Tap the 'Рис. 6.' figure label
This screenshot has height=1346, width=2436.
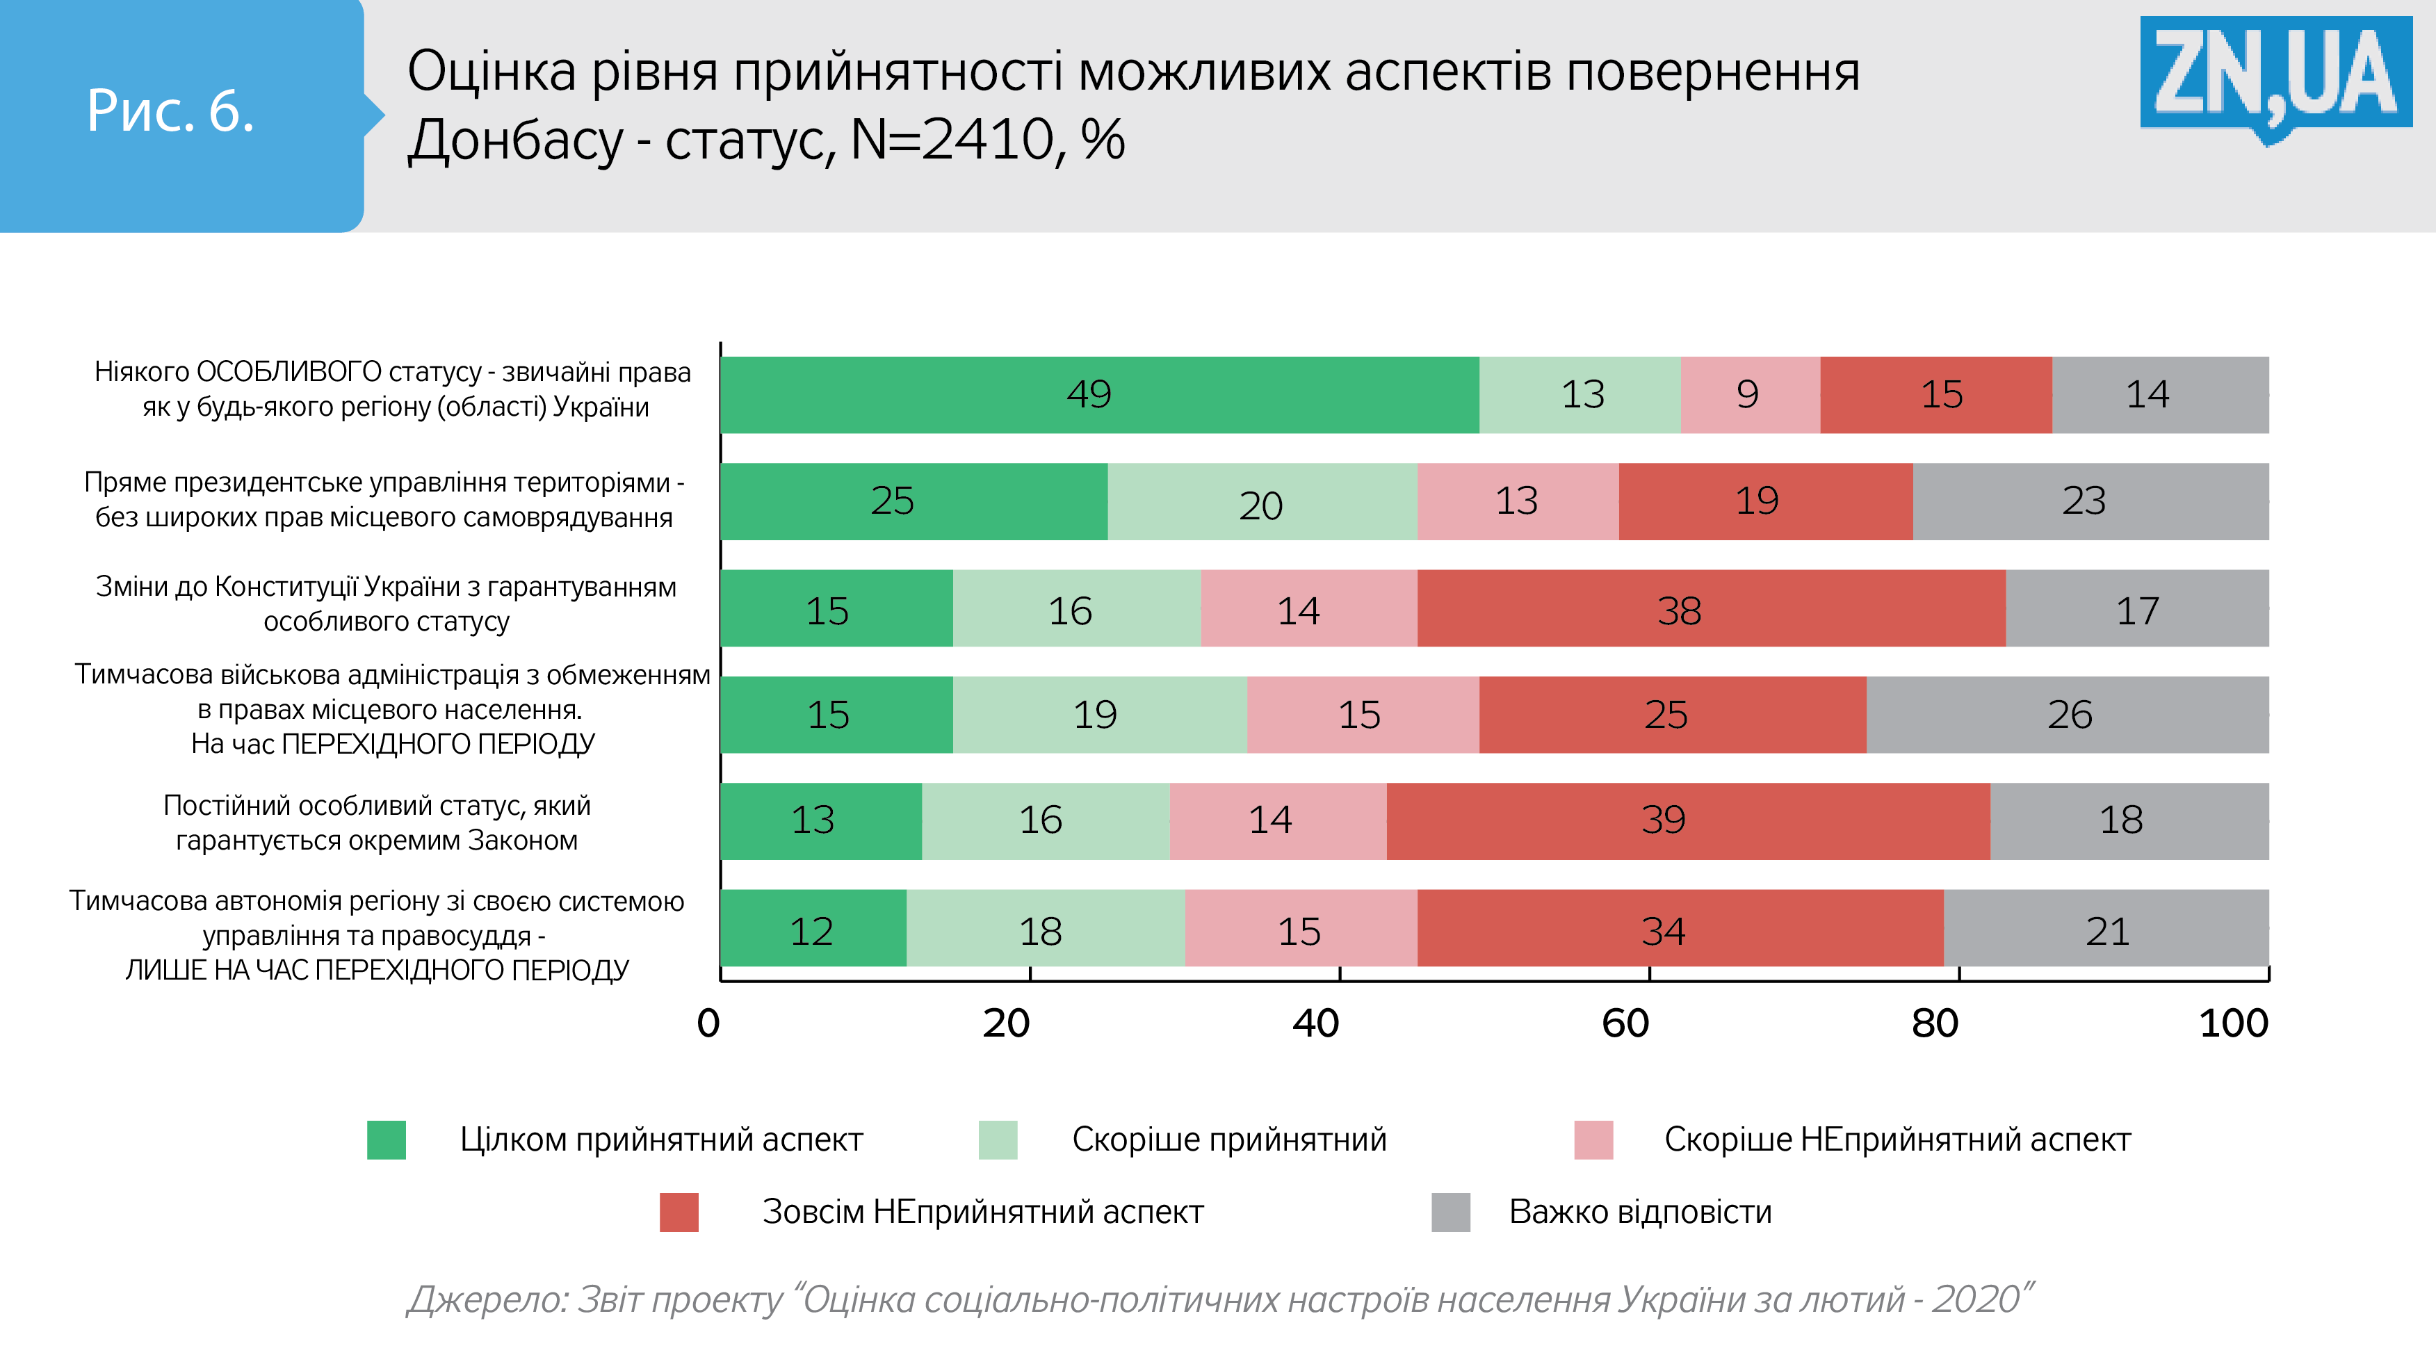point(171,112)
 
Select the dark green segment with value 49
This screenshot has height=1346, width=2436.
point(1099,394)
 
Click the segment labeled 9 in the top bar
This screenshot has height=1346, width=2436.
point(1749,394)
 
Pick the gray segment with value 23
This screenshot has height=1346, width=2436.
point(2090,501)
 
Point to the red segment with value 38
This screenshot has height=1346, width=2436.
point(1711,608)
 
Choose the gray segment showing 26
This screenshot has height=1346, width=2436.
point(2068,714)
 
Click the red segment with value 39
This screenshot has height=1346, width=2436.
point(1688,821)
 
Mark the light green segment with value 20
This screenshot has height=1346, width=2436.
point(1262,501)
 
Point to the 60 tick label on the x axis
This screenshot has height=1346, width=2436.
point(1625,1023)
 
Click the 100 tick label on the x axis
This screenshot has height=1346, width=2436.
point(2234,1023)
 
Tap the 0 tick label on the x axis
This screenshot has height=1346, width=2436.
point(708,1023)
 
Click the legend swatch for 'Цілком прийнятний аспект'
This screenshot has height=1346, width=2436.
point(386,1140)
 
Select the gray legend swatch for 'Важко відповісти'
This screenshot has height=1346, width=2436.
point(1451,1212)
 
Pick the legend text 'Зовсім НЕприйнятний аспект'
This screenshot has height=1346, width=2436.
point(982,1212)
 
